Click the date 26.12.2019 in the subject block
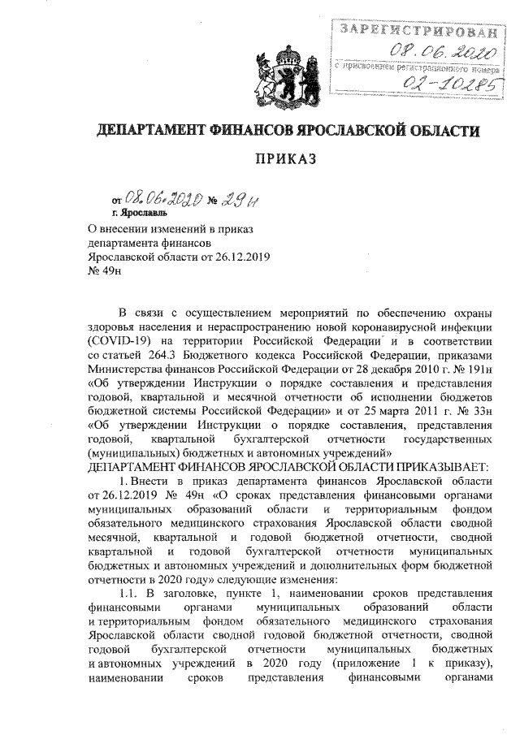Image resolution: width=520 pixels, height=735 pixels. click(x=240, y=257)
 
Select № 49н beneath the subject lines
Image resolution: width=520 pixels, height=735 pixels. click(x=103, y=271)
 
